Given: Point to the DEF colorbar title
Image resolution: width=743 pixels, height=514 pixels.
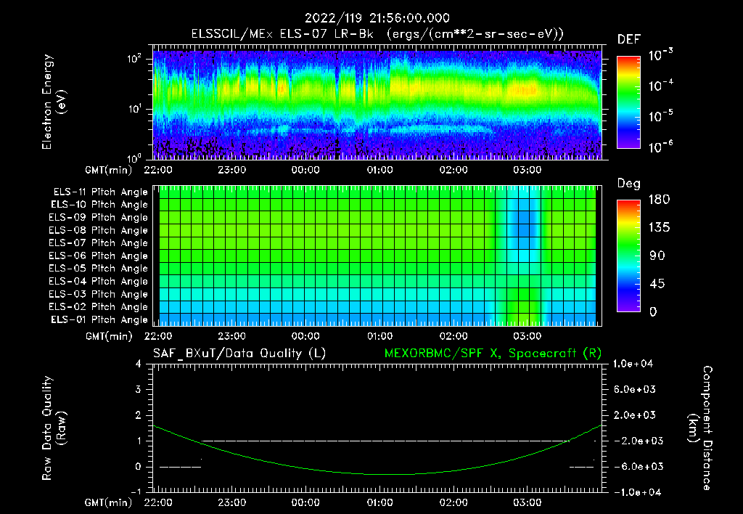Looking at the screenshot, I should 628,39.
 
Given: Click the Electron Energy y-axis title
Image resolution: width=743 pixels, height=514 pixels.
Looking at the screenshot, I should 54,102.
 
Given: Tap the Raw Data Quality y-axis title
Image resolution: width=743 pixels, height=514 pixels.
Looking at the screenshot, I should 54,428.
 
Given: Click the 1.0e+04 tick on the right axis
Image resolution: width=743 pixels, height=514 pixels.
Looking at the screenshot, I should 636,364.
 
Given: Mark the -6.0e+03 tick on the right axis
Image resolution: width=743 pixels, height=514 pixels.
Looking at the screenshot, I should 636,466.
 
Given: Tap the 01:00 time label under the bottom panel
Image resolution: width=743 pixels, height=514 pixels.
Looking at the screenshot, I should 379,502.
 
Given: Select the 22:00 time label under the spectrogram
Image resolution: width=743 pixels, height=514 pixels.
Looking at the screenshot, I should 157,171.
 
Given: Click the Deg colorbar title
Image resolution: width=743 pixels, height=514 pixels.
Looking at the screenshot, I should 628,184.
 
